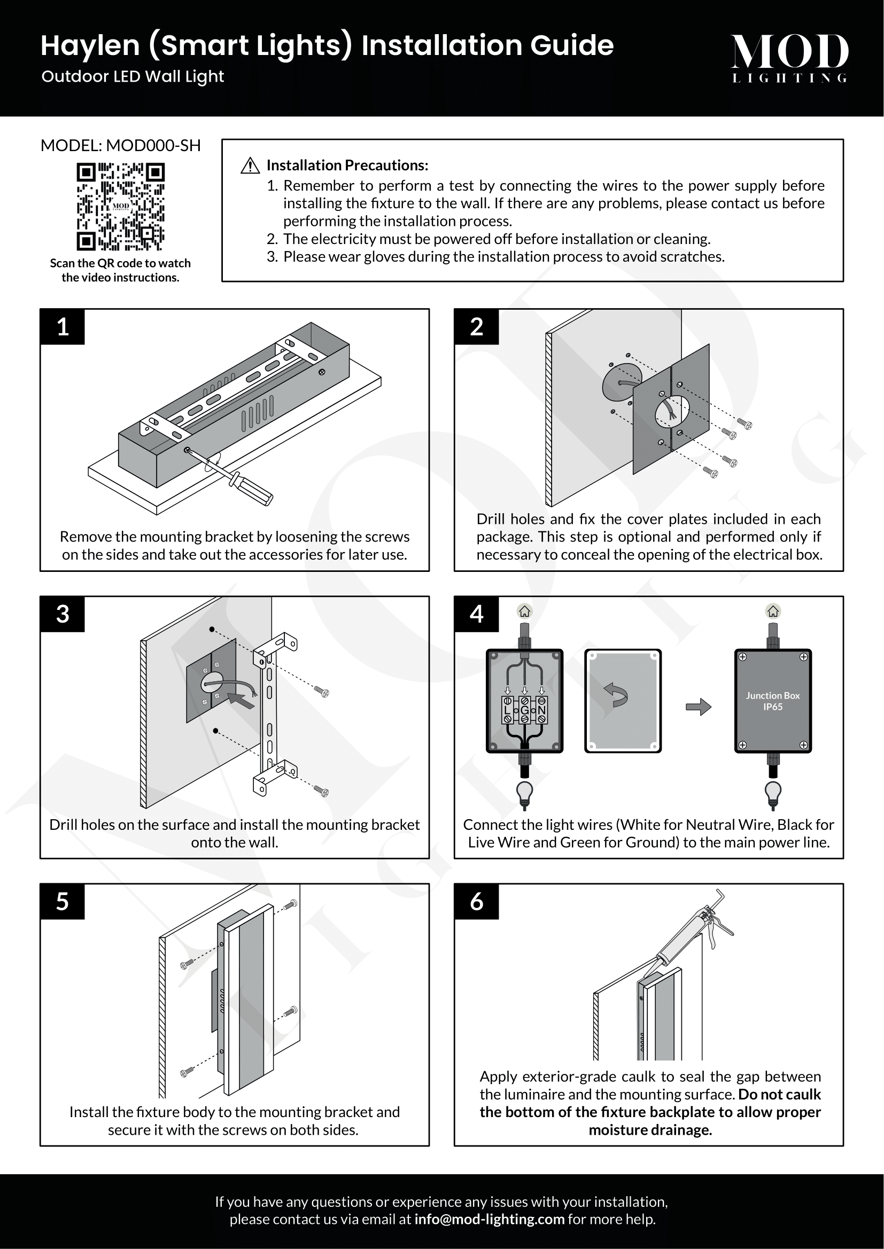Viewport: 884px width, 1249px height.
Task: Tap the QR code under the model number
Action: (x=120, y=207)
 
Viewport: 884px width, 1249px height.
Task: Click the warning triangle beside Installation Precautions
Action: (x=250, y=166)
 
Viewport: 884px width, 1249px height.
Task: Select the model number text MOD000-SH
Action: (x=153, y=146)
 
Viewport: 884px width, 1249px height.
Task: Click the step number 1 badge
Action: (x=63, y=327)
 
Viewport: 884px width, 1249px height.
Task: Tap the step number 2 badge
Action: (x=476, y=327)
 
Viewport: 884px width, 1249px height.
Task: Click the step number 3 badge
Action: (x=63, y=614)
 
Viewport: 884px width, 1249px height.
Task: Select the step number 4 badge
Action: (x=476, y=614)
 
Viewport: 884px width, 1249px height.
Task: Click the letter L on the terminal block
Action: (x=507, y=710)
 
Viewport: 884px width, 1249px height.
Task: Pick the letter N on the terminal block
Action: (x=541, y=710)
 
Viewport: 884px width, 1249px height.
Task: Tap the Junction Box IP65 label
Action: (x=772, y=701)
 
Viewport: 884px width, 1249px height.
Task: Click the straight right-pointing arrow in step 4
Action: (x=699, y=706)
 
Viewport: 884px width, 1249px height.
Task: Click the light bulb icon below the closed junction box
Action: (x=773, y=795)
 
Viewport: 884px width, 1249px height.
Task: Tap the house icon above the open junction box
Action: (x=524, y=611)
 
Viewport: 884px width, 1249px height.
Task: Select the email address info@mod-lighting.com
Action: (x=489, y=1219)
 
